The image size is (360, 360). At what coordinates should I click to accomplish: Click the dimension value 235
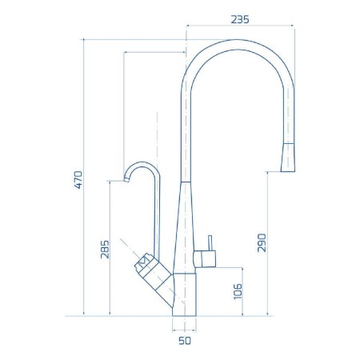tap(241, 20)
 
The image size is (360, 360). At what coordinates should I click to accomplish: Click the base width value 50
tap(185, 342)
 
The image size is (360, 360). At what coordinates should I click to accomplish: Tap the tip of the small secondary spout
tap(127, 180)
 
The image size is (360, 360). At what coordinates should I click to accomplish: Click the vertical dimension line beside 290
tap(269, 240)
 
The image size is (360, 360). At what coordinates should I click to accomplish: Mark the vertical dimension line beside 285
tap(110, 248)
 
